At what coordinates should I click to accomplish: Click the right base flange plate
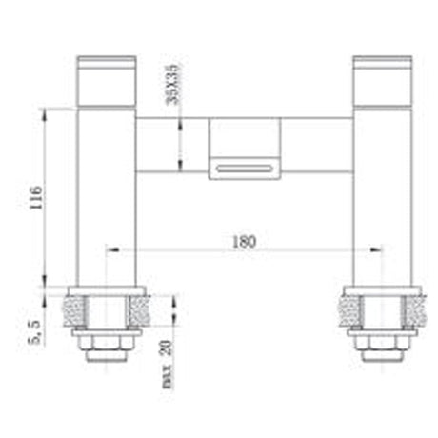(x=381, y=289)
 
